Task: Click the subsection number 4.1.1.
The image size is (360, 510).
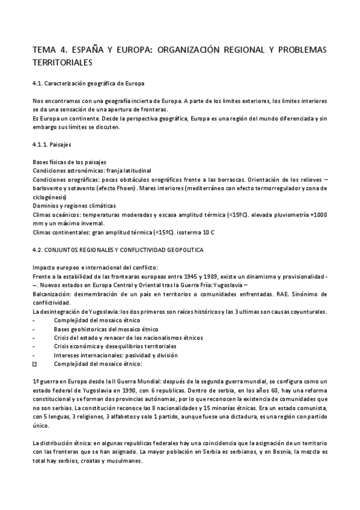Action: click(40, 146)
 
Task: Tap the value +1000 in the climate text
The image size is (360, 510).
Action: click(318, 214)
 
